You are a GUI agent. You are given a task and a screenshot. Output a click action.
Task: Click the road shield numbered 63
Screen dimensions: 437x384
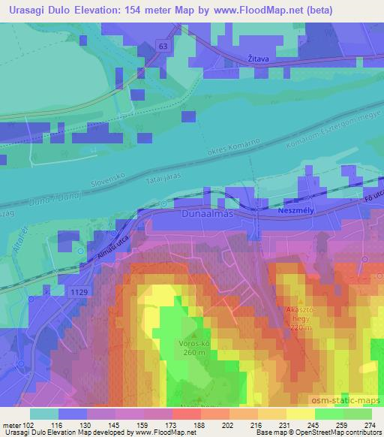click(x=163, y=47)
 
